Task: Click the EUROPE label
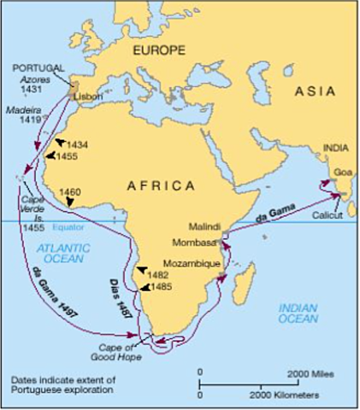[158, 50]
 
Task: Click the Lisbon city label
[87, 97]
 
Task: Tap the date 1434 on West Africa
[77, 143]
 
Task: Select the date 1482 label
[158, 275]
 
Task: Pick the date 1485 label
[161, 287]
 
